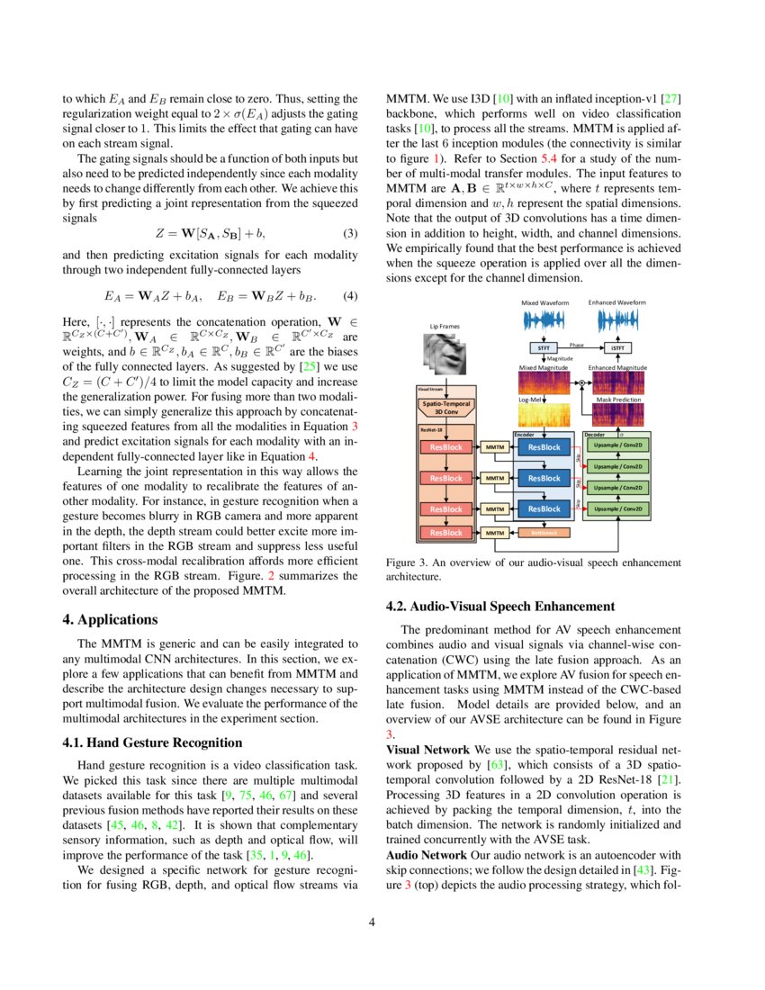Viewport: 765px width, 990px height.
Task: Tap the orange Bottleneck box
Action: pos(543,533)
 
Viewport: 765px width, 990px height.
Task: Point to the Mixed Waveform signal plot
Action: pos(544,320)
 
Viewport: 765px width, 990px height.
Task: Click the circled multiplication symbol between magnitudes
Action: pos(581,382)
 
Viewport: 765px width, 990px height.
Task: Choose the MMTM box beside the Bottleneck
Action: pos(494,533)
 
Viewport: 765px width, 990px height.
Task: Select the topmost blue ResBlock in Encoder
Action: pos(543,447)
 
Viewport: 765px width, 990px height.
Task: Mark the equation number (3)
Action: pos(351,234)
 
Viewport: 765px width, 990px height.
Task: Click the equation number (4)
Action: pos(351,296)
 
